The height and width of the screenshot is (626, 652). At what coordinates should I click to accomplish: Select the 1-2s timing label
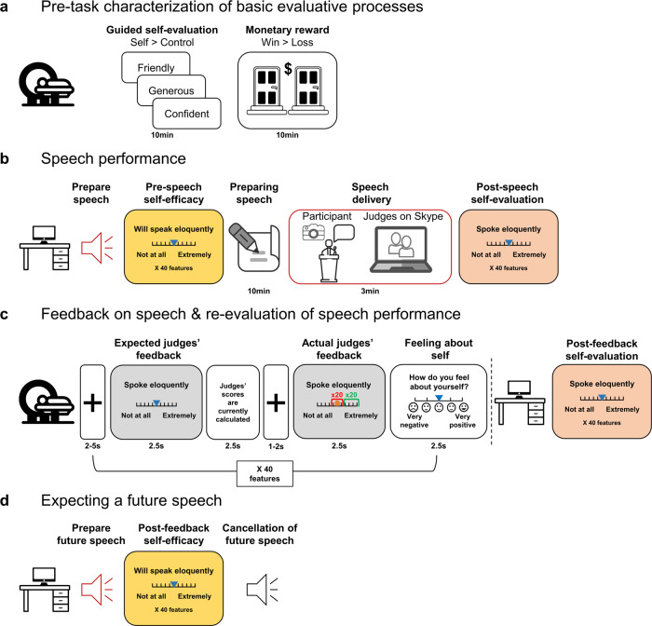click(x=278, y=456)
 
